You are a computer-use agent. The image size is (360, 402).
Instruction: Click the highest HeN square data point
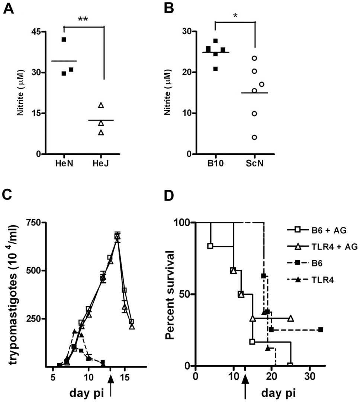pos(64,39)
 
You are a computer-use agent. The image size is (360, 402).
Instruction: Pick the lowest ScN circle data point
pos(254,137)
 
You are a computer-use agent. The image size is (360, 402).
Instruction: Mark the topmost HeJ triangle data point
pos(101,105)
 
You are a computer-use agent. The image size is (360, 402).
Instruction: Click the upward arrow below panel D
pos(244,387)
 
